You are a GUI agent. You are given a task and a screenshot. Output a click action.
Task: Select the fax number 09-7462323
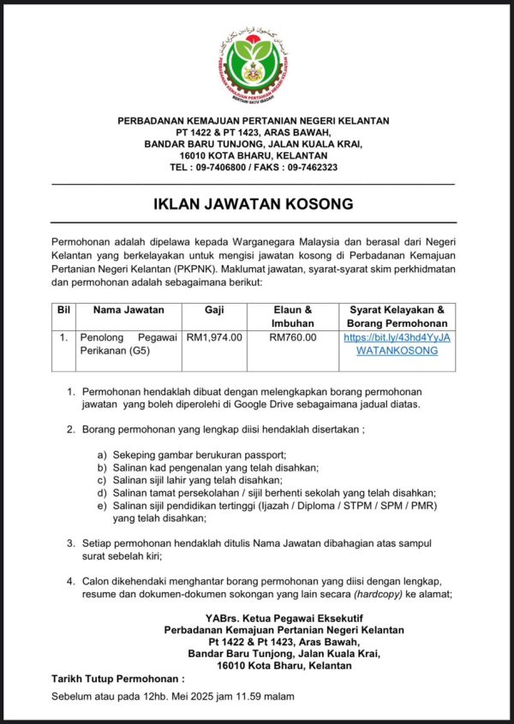(307, 168)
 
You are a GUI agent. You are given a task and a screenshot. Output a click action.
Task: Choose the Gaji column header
(214, 310)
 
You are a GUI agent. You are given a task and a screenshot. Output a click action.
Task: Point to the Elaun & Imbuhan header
(292, 317)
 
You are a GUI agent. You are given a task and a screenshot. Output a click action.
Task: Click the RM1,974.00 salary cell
(214, 338)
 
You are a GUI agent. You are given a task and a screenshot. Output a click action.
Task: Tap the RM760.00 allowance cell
(292, 338)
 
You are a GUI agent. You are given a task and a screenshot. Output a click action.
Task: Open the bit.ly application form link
(396, 344)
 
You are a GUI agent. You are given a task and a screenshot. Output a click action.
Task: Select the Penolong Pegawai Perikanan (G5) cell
(128, 344)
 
